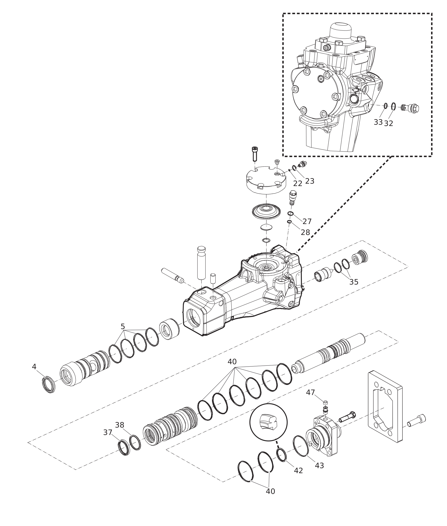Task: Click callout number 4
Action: (34, 367)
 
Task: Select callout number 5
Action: (123, 327)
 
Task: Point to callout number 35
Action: (354, 282)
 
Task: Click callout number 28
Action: (305, 232)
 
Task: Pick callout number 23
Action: (310, 181)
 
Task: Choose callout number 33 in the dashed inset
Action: (378, 122)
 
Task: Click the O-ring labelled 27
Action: (291, 214)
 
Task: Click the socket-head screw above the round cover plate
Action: (254, 154)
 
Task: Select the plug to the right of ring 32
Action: (410, 109)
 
